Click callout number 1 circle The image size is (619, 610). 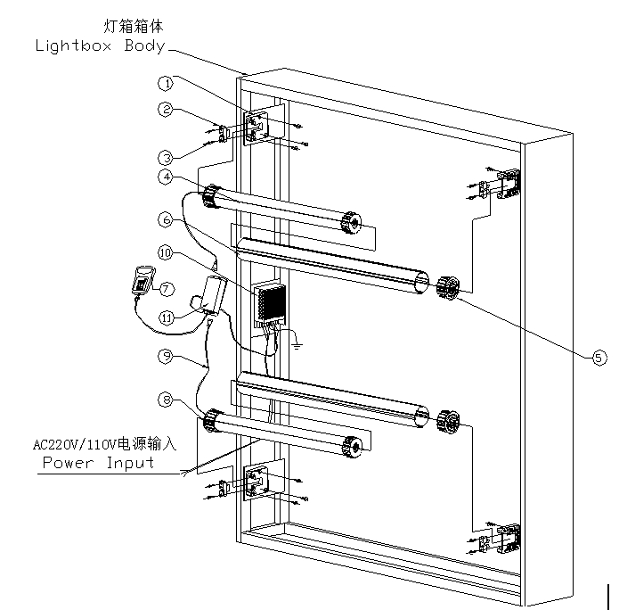coord(165,84)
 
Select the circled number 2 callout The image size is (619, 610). coord(165,110)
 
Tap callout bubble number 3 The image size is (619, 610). coord(165,153)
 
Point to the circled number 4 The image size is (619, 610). coord(165,177)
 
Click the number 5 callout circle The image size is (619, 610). coord(599,357)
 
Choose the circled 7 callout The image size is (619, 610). coord(165,288)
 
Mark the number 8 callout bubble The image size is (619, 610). coord(165,400)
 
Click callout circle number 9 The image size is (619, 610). coord(165,356)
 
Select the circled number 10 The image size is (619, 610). coord(165,253)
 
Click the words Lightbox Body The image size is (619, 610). coord(100,46)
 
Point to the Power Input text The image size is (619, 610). coord(98,463)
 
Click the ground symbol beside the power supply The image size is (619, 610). coord(299,342)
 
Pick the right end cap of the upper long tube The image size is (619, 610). coord(447,287)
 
